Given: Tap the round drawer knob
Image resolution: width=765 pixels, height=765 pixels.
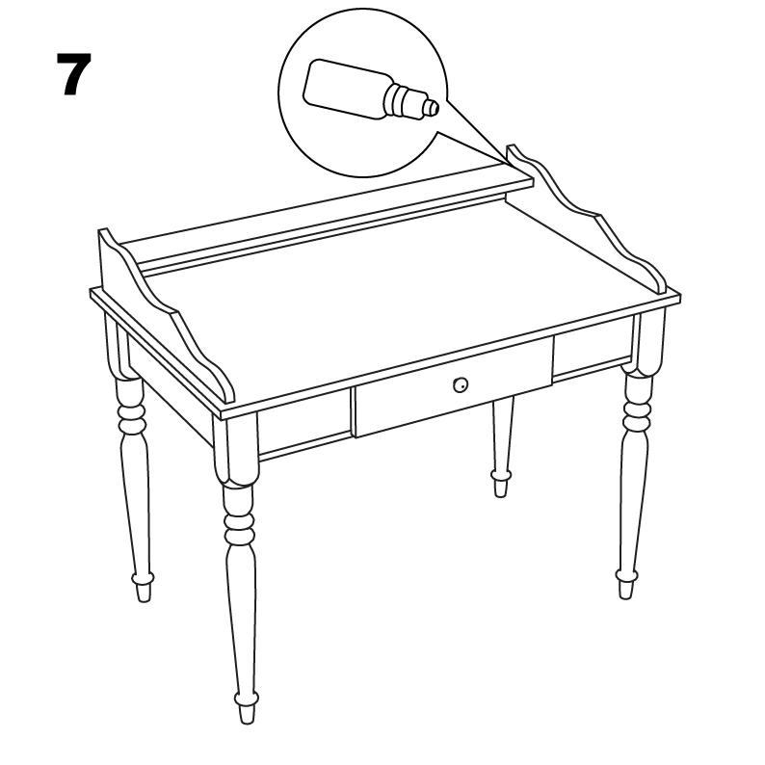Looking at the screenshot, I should click(461, 385).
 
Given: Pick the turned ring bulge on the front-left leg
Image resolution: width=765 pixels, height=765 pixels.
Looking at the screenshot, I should click(239, 526).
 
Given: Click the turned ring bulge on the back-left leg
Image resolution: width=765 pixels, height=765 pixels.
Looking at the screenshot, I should click(131, 417).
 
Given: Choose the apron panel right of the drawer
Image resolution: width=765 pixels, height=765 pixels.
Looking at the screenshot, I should click(591, 353).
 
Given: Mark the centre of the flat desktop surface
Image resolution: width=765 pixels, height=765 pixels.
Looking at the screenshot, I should click(405, 299).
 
